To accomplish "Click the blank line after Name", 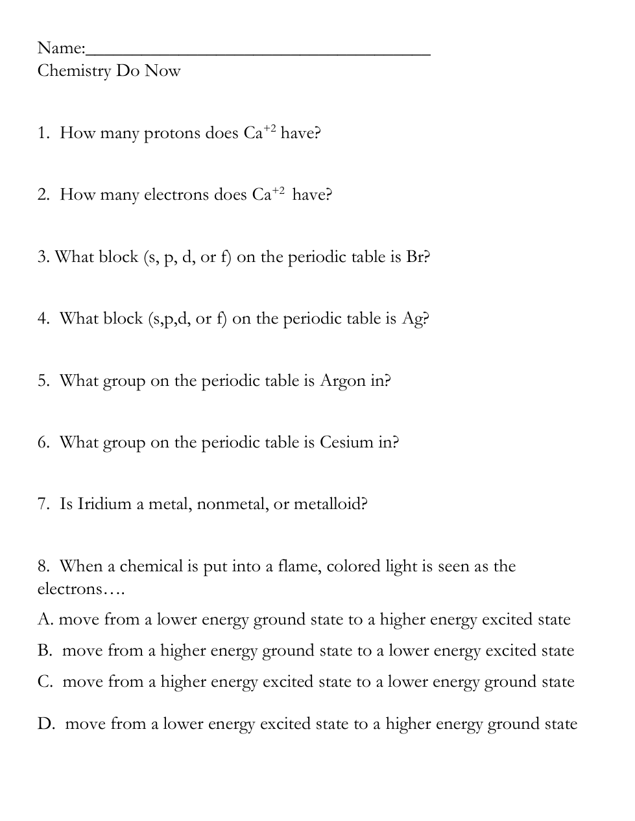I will (x=258, y=52).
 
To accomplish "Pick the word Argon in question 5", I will (x=342, y=381).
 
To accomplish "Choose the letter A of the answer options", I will (x=45, y=620).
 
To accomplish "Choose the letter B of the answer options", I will (x=44, y=650).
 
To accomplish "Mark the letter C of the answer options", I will (x=45, y=682).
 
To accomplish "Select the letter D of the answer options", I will (x=45, y=724).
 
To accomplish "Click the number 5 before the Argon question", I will (x=42, y=381).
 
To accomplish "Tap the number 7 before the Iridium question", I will (x=42, y=504).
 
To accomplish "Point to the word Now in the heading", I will (x=162, y=71).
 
